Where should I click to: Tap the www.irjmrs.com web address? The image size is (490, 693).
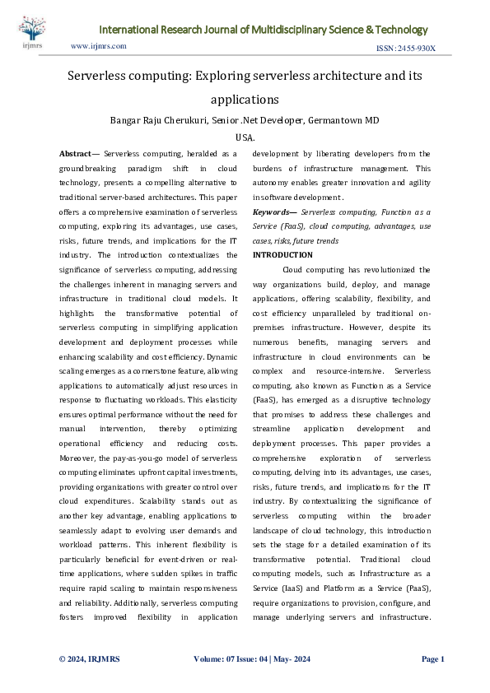[99, 46]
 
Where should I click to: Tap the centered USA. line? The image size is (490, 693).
[245, 138]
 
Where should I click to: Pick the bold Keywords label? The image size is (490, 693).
[270, 212]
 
